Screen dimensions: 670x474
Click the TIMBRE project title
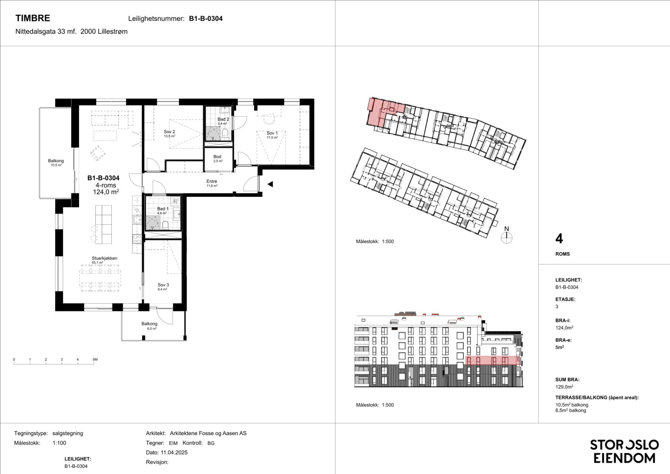(x=33, y=18)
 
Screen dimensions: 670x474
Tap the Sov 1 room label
(x=272, y=133)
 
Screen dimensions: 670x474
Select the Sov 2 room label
(x=169, y=131)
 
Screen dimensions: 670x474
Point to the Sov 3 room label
(x=163, y=285)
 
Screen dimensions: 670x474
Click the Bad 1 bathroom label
(x=163, y=209)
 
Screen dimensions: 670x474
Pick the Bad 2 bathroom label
(x=223, y=119)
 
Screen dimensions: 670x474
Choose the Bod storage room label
(x=217, y=157)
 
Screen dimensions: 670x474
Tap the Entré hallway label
(x=212, y=181)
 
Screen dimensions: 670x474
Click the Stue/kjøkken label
(x=105, y=258)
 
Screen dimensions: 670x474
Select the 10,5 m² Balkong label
(x=56, y=161)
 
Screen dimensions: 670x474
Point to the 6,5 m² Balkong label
(x=149, y=324)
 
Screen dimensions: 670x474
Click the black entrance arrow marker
(x=270, y=184)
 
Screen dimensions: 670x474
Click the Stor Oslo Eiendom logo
(x=624, y=451)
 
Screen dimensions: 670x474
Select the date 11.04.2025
(x=174, y=452)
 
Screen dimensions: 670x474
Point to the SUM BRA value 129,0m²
(x=564, y=387)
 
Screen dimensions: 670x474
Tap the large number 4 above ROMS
(x=559, y=239)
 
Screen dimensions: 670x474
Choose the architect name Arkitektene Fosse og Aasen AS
(x=208, y=433)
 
